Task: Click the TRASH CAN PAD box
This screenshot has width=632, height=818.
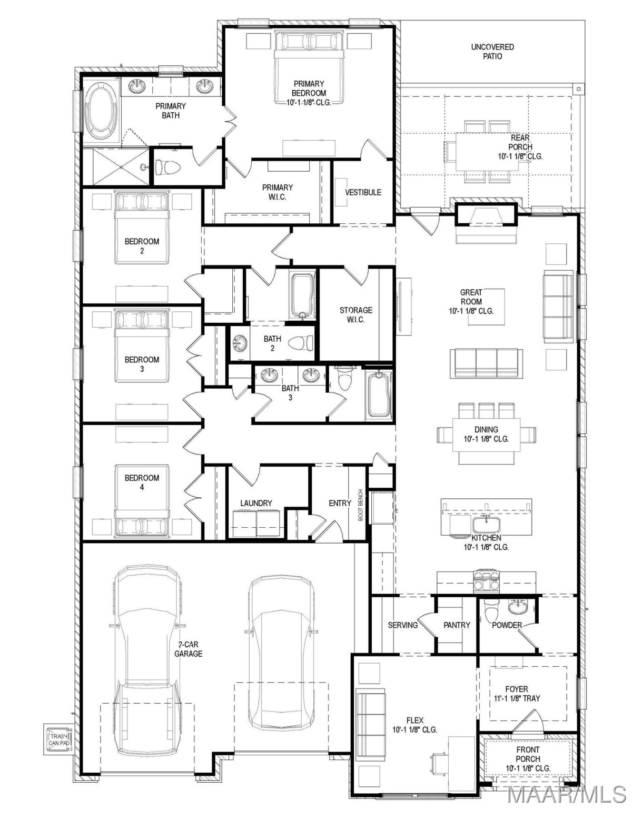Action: (58, 738)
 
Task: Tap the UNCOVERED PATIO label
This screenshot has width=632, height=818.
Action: (492, 52)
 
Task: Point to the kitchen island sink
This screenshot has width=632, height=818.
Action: (486, 525)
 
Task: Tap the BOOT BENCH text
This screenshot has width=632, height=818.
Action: (361, 505)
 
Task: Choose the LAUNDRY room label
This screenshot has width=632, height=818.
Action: (256, 503)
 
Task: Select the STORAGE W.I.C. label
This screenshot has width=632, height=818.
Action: (355, 315)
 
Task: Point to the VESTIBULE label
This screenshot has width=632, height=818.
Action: (363, 192)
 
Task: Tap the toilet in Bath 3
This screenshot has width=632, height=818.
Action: (344, 379)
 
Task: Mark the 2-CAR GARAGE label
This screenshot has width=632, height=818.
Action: (188, 649)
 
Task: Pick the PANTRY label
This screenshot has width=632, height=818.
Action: (457, 625)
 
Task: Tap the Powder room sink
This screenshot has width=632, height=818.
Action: (519, 607)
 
